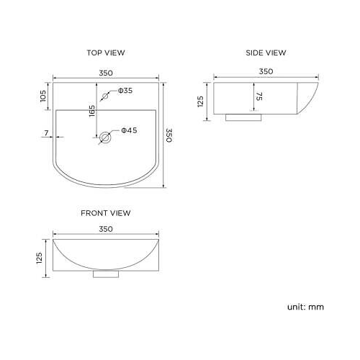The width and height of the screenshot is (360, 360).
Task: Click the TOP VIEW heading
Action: point(106,53)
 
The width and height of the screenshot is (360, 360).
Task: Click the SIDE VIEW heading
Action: point(266,53)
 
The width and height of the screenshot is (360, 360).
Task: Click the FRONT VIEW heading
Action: point(106,213)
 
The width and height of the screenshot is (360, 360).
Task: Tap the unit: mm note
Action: point(305,307)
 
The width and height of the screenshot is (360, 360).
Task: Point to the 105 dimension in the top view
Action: point(43,96)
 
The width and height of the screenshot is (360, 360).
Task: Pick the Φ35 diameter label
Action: point(125,91)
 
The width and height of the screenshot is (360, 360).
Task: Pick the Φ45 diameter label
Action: point(129,130)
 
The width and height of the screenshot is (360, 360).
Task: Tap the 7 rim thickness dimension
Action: point(45,133)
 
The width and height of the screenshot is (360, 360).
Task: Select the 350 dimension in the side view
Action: point(265,71)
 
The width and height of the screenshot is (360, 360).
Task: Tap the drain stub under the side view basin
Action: point(240,116)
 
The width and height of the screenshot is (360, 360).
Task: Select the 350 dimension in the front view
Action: point(105,230)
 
